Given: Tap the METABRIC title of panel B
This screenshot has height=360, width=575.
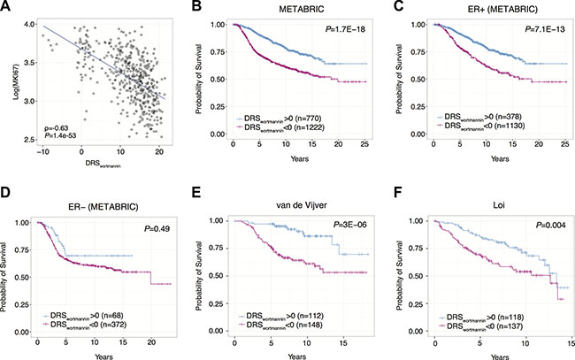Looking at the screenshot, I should coord(284,11).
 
